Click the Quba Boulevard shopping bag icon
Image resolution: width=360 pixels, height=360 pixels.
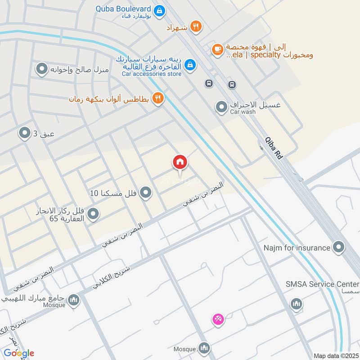(158, 9)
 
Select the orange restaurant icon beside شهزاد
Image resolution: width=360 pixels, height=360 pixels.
(195, 27)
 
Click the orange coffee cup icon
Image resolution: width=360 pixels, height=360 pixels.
(217, 49)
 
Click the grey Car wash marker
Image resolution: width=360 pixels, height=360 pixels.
(221, 107)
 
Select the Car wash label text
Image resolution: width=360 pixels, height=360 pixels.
(243, 112)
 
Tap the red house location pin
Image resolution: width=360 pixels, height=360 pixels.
(180, 163)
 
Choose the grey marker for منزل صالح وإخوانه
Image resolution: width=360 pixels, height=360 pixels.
(42, 69)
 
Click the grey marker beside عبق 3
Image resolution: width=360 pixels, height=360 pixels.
(24, 133)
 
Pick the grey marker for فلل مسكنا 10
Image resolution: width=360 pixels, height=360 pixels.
(145, 193)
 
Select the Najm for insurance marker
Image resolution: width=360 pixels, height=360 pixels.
(338, 247)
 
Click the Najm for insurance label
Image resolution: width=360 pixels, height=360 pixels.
(297, 247)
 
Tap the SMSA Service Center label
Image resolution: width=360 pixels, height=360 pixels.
(323, 284)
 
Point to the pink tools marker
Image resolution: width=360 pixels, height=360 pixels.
(218, 319)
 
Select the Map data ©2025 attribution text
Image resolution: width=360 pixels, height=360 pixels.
(335, 355)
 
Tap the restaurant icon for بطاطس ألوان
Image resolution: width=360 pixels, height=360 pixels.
(157, 99)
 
